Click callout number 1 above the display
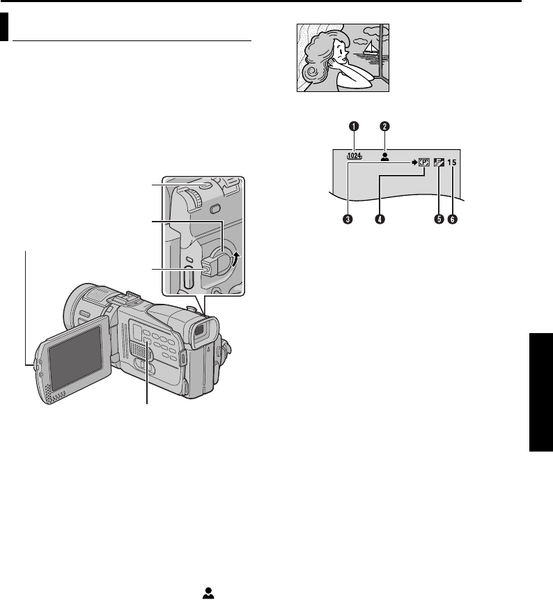click(x=355, y=126)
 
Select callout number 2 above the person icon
click(x=383, y=126)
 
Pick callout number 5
click(x=438, y=219)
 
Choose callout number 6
click(x=453, y=219)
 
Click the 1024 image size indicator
click(x=356, y=157)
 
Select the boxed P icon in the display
click(x=425, y=163)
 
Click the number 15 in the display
click(x=453, y=163)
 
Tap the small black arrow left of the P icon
click(x=414, y=163)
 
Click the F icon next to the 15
click(x=439, y=163)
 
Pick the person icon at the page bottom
click(x=208, y=591)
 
